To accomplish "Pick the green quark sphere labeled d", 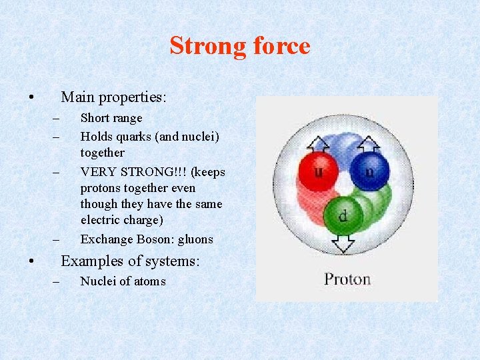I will [343, 215].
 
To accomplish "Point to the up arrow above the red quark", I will [319, 143].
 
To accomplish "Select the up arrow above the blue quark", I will [368, 143].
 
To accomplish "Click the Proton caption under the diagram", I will [347, 279].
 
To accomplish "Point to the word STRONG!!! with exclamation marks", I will [153, 172].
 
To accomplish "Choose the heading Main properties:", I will [113, 97].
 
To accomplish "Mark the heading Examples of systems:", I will [130, 261].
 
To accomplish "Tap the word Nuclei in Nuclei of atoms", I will [98, 281].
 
